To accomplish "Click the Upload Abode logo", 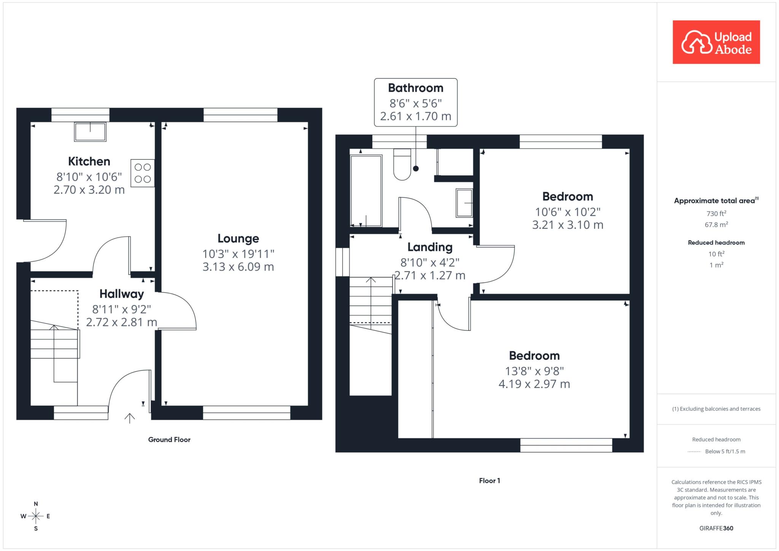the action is pos(716,42).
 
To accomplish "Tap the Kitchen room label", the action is pos(89,161).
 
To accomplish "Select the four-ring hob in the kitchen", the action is pos(143,173).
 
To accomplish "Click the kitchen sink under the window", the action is pos(90,132).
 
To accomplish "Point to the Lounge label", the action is pos(238,238).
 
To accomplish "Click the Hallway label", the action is pos(122,294).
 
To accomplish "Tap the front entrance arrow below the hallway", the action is pos(130,418).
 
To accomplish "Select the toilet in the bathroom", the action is pos(402,164).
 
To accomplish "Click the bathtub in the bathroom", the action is pos(366,191).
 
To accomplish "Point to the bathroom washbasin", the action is pos(464,203).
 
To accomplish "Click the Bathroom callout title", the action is pos(416,88).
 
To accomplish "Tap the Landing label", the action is pos(430,247).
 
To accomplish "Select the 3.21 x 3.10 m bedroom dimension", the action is pos(568,225).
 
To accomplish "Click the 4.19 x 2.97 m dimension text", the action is pos(534,384).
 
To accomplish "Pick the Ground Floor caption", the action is pos(169,440).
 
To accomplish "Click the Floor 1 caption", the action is pos(490,481).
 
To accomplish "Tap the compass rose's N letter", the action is pos(36,504).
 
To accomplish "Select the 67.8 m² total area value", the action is pos(716,224).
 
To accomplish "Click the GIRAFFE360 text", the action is pos(716,528).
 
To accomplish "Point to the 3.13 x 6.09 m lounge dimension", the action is pos(238,267).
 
